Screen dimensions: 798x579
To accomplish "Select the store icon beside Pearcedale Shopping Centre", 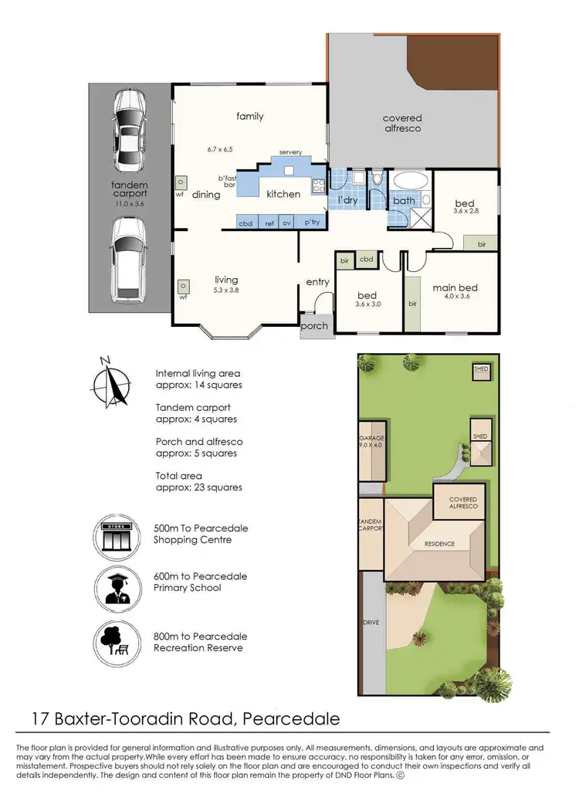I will pyautogui.click(x=113, y=535).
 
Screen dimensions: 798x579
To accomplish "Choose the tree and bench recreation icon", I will pyautogui.click(x=113, y=639).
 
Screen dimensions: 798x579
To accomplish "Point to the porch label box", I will pyautogui.click(x=314, y=326).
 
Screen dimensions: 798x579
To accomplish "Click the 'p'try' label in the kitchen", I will pyautogui.click(x=313, y=222).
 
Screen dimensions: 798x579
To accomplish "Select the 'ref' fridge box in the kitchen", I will pyautogui.click(x=269, y=222).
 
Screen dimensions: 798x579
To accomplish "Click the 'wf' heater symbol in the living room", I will pyautogui.click(x=184, y=287).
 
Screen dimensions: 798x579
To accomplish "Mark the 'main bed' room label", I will pyautogui.click(x=455, y=288).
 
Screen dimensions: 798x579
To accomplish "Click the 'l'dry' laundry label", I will pyautogui.click(x=348, y=201).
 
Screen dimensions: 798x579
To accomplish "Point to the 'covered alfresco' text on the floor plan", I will pyautogui.click(x=402, y=124).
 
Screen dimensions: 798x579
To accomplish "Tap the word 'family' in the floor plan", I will pyautogui.click(x=249, y=117).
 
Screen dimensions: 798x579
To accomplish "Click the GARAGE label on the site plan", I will pyautogui.click(x=371, y=438).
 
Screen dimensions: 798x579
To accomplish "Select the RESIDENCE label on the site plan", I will pyautogui.click(x=438, y=544).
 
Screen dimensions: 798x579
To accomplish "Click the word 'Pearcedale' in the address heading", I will pyautogui.click(x=291, y=719).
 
